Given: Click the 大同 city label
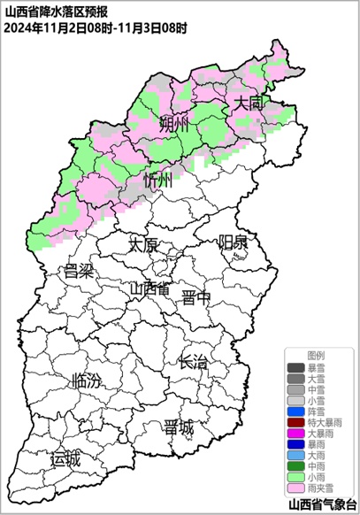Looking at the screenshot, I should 249,104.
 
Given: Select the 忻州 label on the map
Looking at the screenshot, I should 160,181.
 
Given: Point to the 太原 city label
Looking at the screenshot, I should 143,243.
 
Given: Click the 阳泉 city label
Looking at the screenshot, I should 234,242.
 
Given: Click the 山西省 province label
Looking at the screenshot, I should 149,288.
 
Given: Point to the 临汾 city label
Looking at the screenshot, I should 85,381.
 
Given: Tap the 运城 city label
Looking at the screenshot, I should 65,458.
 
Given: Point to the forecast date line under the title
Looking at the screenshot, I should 96,27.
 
